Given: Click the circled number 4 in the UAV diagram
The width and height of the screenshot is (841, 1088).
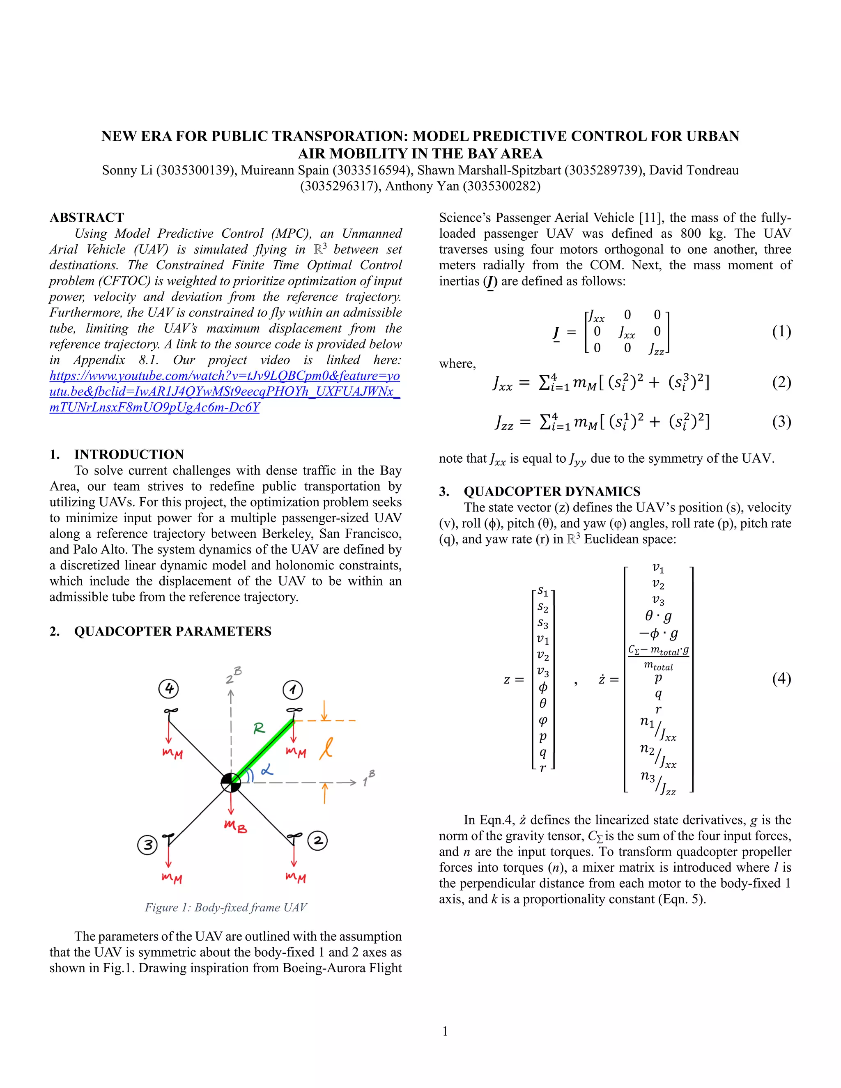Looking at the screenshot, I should (x=169, y=689).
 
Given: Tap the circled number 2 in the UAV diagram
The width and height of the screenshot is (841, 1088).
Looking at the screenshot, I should (x=318, y=841).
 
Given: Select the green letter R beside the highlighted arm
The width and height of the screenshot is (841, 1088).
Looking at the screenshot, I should (x=259, y=729).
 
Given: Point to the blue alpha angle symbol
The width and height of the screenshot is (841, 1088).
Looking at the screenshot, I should (x=267, y=770).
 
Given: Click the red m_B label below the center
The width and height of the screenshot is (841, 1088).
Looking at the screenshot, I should (x=235, y=826).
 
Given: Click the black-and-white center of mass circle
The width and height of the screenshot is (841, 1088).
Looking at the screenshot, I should (x=231, y=782).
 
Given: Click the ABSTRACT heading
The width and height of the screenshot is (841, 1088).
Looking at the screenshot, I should (x=87, y=218).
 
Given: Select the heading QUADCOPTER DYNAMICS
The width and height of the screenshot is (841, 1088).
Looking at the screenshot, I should (x=551, y=492).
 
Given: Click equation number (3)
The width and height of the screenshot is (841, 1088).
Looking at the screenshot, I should (x=781, y=422).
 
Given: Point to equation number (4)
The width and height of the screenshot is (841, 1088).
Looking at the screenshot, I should (x=781, y=679).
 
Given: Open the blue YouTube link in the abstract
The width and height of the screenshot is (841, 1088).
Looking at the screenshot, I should (x=225, y=392).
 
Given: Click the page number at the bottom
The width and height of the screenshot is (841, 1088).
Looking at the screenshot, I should (x=445, y=1031).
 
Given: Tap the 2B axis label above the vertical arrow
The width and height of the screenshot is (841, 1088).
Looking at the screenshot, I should (x=233, y=676).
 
